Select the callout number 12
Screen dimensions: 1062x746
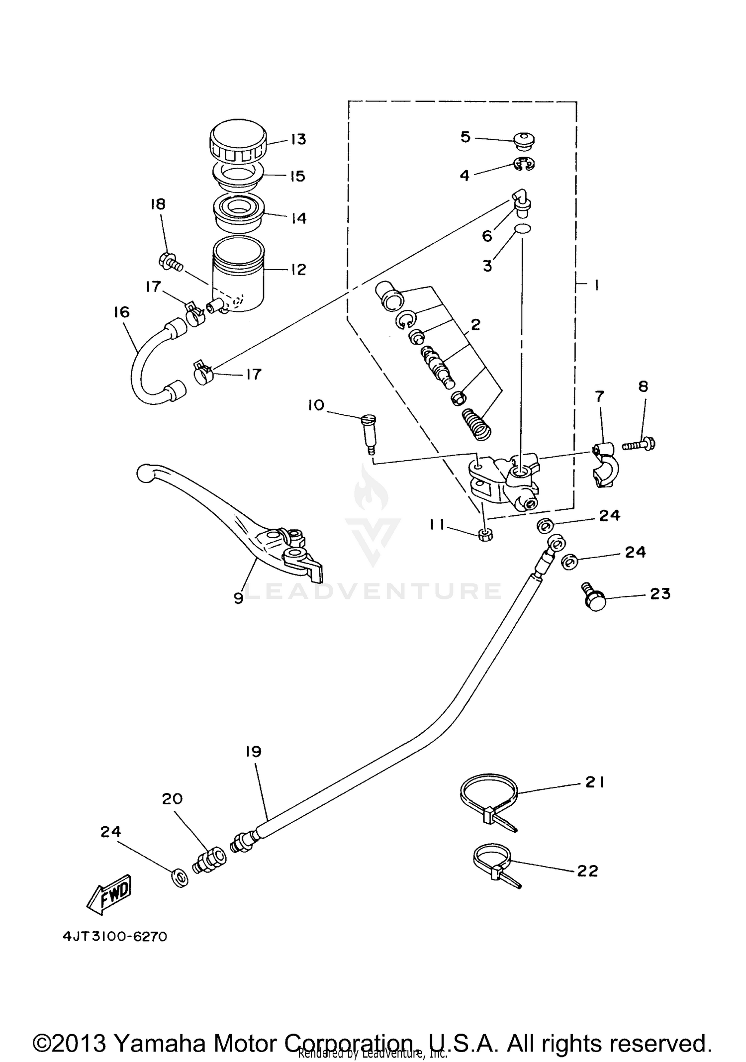coord(298,269)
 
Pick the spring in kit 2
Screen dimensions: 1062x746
coord(476,424)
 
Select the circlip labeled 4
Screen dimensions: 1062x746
coord(524,165)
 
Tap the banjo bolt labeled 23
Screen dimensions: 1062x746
coord(594,599)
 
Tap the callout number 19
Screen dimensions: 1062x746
coord(254,751)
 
